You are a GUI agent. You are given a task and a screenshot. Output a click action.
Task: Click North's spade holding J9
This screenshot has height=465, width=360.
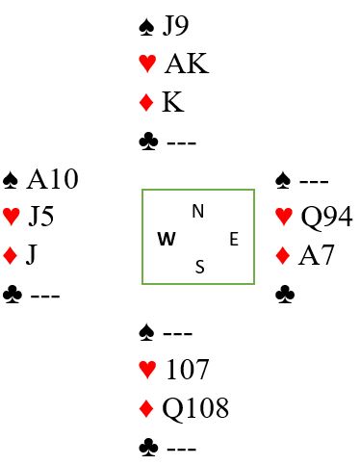tap(175, 26)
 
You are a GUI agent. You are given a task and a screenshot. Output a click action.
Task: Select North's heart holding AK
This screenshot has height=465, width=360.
tap(187, 64)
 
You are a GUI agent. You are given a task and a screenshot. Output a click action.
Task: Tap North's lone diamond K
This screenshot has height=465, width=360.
tap(173, 102)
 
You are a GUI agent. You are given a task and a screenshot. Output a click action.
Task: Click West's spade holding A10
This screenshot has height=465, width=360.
tap(52, 179)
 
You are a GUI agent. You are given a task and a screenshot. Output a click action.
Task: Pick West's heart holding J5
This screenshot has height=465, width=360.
tap(40, 217)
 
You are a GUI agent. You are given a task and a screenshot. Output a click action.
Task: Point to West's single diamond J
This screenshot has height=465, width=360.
tap(31, 255)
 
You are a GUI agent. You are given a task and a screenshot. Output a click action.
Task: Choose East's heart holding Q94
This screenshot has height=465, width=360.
tap(326, 218)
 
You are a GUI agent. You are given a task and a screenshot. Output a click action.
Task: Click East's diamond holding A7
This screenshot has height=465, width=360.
tap(317, 255)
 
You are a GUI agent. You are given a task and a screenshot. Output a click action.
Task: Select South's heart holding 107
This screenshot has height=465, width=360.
tap(188, 370)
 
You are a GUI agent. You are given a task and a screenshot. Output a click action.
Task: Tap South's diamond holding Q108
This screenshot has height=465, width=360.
tap(195, 408)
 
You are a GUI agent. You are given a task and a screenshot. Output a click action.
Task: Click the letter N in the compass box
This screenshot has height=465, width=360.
tap(198, 211)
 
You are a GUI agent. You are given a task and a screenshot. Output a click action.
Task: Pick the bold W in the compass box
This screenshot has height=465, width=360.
tap(167, 239)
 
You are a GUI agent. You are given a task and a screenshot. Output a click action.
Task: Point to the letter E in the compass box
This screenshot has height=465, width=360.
tap(234, 240)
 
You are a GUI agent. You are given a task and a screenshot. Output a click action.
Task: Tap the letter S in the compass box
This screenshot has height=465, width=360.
tap(199, 267)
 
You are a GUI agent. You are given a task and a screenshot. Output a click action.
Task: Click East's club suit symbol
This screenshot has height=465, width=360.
tap(285, 295)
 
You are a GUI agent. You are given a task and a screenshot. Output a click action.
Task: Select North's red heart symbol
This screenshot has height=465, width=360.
tap(147, 64)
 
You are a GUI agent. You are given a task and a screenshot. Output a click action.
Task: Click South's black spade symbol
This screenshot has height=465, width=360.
tap(146, 333)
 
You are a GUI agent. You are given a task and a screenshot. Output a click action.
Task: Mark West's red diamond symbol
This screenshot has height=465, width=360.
tap(10, 255)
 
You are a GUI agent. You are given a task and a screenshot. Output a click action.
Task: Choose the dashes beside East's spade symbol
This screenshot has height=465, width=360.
tap(314, 182)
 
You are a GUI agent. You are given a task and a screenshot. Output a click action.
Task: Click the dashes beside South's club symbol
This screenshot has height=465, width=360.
tap(181, 450)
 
